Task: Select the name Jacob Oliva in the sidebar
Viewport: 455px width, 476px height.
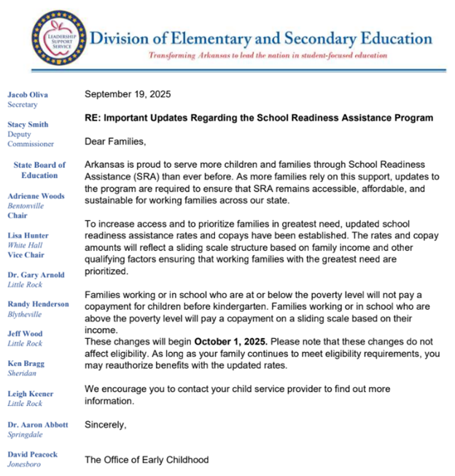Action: pos(28,94)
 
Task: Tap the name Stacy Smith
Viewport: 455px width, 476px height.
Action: pos(28,125)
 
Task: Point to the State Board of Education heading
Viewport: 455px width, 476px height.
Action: pos(39,170)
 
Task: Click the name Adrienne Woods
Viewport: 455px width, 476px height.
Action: pos(36,196)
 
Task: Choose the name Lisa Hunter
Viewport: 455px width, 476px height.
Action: pos(28,235)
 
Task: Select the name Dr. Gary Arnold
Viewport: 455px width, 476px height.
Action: pos(36,275)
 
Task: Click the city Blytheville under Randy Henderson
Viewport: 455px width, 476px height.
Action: pos(26,314)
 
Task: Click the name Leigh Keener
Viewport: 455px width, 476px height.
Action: pos(30,393)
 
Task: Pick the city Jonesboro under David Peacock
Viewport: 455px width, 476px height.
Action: pos(25,464)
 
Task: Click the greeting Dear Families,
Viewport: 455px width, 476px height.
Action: pos(115,141)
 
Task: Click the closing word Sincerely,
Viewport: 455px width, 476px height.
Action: pos(106,424)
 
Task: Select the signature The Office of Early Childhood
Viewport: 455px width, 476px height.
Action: pos(147,459)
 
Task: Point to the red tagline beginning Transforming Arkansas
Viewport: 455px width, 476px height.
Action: pos(267,55)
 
